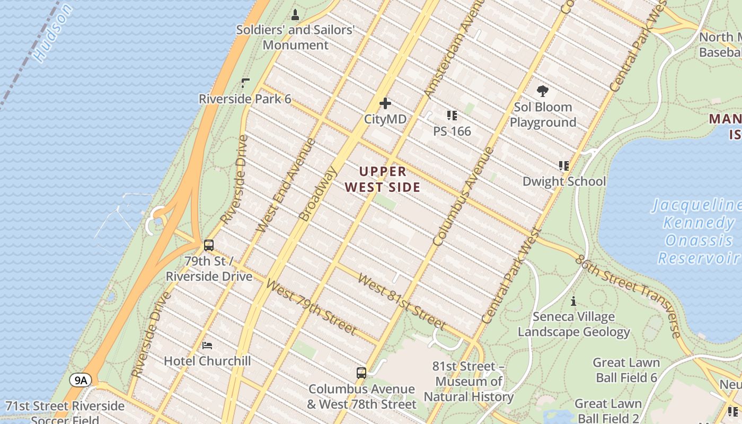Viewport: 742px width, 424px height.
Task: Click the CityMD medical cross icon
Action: [385, 103]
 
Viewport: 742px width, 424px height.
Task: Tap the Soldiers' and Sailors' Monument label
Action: [295, 37]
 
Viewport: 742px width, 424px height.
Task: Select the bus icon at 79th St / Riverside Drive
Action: [209, 245]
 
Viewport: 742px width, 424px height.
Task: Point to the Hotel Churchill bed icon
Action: [208, 346]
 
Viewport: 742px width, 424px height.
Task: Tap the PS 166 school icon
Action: [452, 115]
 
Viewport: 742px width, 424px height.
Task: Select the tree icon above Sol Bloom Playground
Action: [542, 91]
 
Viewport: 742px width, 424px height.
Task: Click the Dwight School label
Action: [564, 181]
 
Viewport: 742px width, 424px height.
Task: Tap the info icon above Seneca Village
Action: [573, 302]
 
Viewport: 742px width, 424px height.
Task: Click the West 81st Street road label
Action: [401, 301]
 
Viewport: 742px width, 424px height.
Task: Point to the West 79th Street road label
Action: [311, 308]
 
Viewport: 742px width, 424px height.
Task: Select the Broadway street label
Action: [318, 194]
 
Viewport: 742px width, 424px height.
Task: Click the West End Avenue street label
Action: [286, 185]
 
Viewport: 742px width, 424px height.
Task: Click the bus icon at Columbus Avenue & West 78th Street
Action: [361, 373]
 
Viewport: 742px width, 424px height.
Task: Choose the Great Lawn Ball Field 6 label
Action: [626, 370]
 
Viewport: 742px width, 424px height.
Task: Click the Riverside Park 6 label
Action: [245, 99]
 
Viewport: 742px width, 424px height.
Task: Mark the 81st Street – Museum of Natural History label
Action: [469, 382]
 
